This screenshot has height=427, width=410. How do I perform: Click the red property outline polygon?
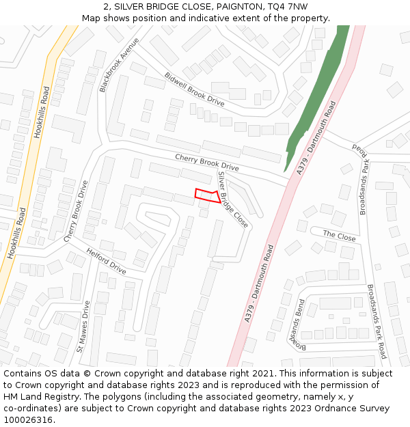pyautogui.click(x=207, y=196)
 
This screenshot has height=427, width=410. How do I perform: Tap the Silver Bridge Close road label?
pyautogui.click(x=232, y=199)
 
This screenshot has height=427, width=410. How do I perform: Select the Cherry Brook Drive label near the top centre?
pyautogui.click(x=206, y=162)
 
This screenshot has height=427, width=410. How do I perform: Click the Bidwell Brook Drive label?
pyautogui.click(x=194, y=89)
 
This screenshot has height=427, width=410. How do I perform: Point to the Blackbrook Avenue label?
pyautogui.click(x=118, y=64)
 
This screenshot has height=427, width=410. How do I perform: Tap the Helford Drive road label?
pyautogui.click(x=106, y=261)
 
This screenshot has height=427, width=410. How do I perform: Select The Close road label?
pyautogui.click(x=340, y=236)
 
